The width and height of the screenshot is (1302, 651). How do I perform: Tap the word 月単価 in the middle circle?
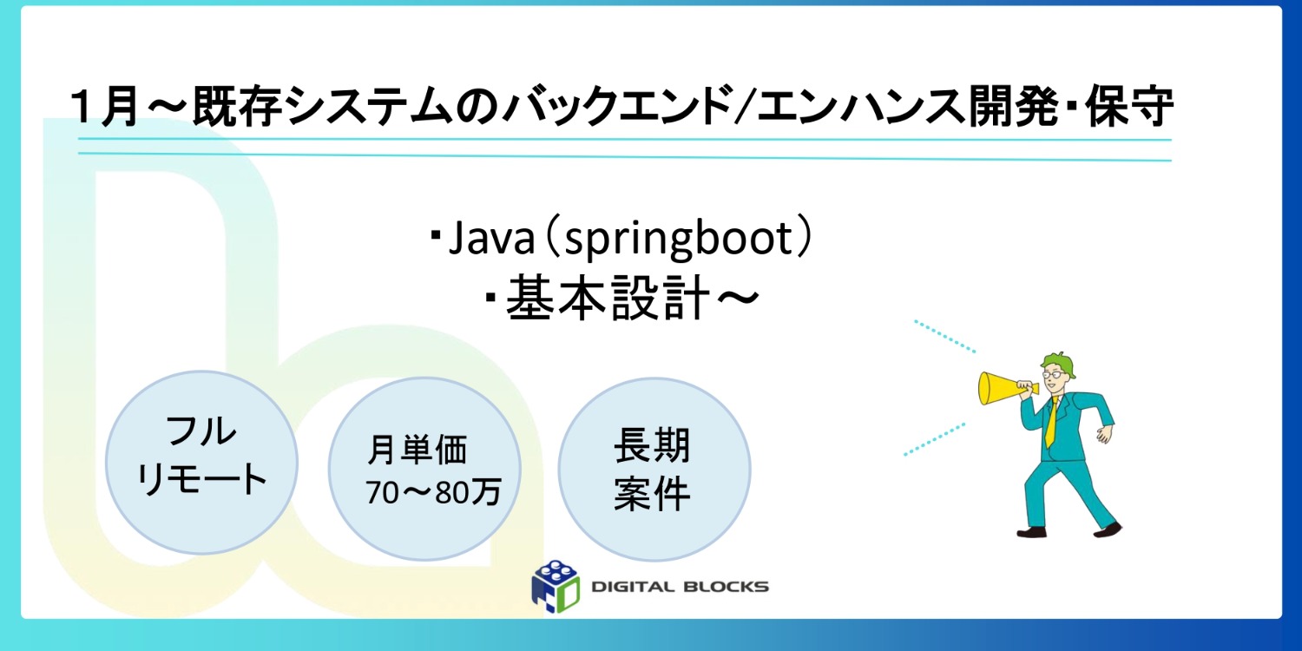pos(418,450)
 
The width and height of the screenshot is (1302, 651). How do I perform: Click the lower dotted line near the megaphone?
pos(934,439)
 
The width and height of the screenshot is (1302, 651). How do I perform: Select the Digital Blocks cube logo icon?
pos(556,583)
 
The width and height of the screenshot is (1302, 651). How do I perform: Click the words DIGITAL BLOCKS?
pos(680,587)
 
